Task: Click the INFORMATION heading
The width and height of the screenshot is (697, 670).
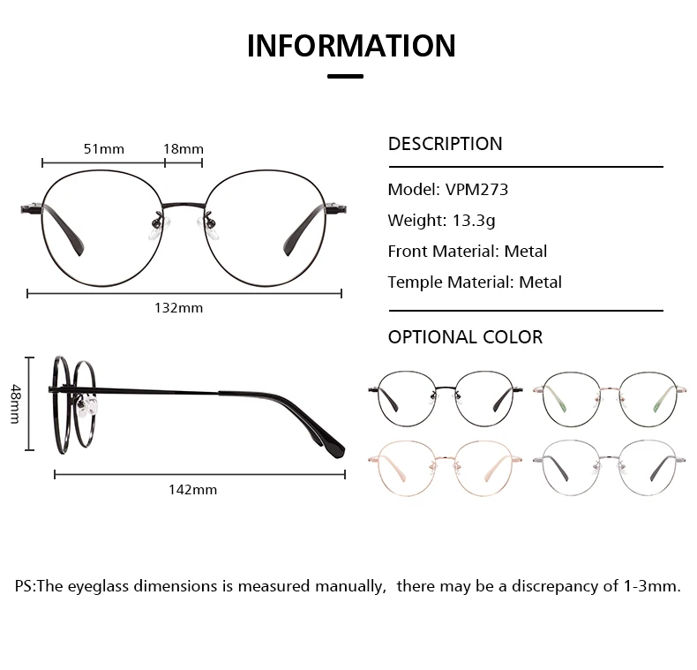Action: point(351,46)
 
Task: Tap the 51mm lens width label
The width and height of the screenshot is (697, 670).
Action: point(104,149)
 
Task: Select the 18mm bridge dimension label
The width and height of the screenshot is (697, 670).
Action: point(184,149)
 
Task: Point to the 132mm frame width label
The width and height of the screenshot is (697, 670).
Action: point(179,308)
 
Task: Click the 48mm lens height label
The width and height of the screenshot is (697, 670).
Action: point(16,404)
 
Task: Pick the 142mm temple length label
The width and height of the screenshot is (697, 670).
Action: point(193,490)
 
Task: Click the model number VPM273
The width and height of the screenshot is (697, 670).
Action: point(476,190)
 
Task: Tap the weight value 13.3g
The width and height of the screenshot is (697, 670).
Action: point(474,221)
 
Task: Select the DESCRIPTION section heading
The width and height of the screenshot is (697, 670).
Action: point(445,144)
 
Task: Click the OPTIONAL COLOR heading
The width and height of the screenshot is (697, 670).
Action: point(466,337)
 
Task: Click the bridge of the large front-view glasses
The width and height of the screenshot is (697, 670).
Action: point(184,206)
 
